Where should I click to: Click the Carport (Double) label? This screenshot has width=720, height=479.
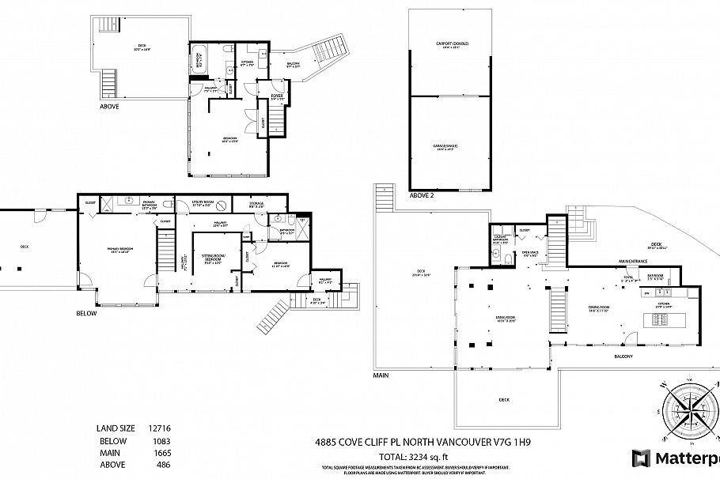point(448,44)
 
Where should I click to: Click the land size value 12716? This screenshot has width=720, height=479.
point(160,428)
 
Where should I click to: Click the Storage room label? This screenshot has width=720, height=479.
point(257,204)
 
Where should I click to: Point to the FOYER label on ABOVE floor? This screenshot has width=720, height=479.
point(277,96)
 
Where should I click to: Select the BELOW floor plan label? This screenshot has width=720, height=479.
point(86,314)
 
